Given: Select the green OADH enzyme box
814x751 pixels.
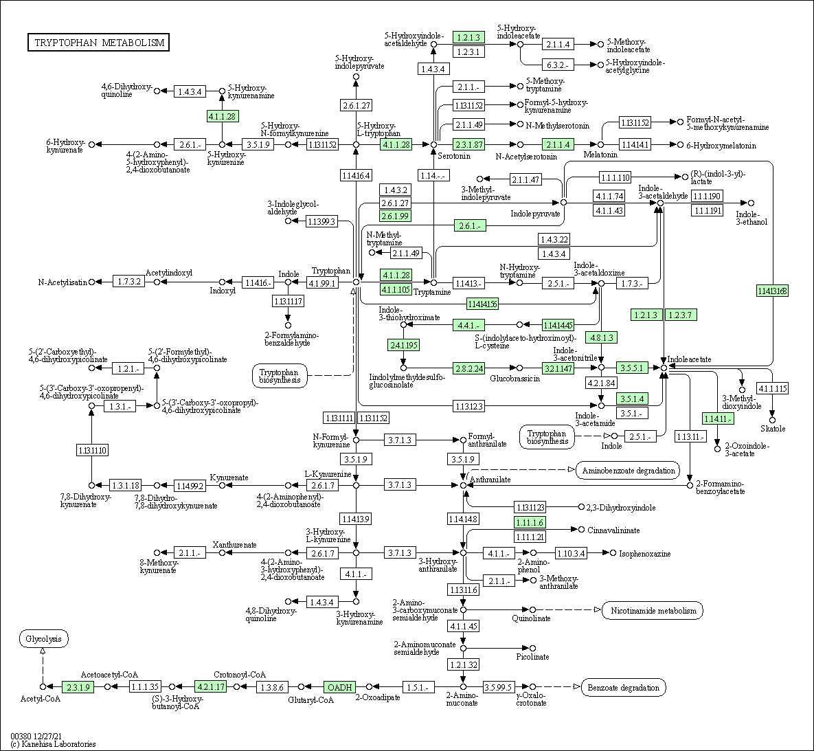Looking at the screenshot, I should pos(340,686).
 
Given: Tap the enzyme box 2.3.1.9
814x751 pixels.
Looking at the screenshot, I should pos(77,686).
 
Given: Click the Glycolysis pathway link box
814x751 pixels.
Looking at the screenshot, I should pos(43,639).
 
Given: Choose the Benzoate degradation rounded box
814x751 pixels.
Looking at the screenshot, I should pos(623,687).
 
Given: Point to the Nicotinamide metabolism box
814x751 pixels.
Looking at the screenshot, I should pos(653,611).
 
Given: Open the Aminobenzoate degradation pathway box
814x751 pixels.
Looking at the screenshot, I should pos(628,471).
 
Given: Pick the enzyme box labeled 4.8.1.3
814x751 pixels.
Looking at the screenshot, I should pos(601,338).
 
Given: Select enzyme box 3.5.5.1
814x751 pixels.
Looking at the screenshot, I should pos(631,368).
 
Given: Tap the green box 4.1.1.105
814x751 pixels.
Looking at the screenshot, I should pos(396,289).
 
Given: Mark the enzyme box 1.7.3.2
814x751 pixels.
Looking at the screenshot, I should pos(129,282).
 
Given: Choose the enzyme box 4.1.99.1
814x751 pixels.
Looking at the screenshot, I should pos(323,282).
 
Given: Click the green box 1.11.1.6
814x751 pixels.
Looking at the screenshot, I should pos(530,523).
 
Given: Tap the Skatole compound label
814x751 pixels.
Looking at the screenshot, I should pos(773,429).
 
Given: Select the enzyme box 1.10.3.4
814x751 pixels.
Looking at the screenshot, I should pos(571,553).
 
